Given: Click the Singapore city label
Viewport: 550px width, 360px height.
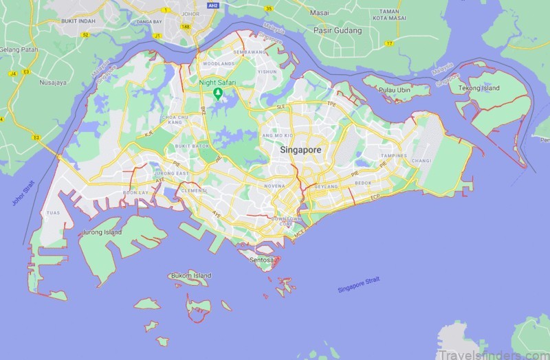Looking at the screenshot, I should coord(300,149).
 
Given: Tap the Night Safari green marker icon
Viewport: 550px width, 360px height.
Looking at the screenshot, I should coord(218,93).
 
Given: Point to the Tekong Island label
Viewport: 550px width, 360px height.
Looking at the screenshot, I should coord(481,88).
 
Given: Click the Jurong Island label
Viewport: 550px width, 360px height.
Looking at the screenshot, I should coord(100,232).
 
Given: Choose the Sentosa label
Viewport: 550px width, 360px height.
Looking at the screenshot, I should coord(264,260).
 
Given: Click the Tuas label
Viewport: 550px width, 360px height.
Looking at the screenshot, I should coord(53,213).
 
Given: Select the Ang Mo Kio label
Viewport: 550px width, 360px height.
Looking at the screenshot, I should coord(275,135).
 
